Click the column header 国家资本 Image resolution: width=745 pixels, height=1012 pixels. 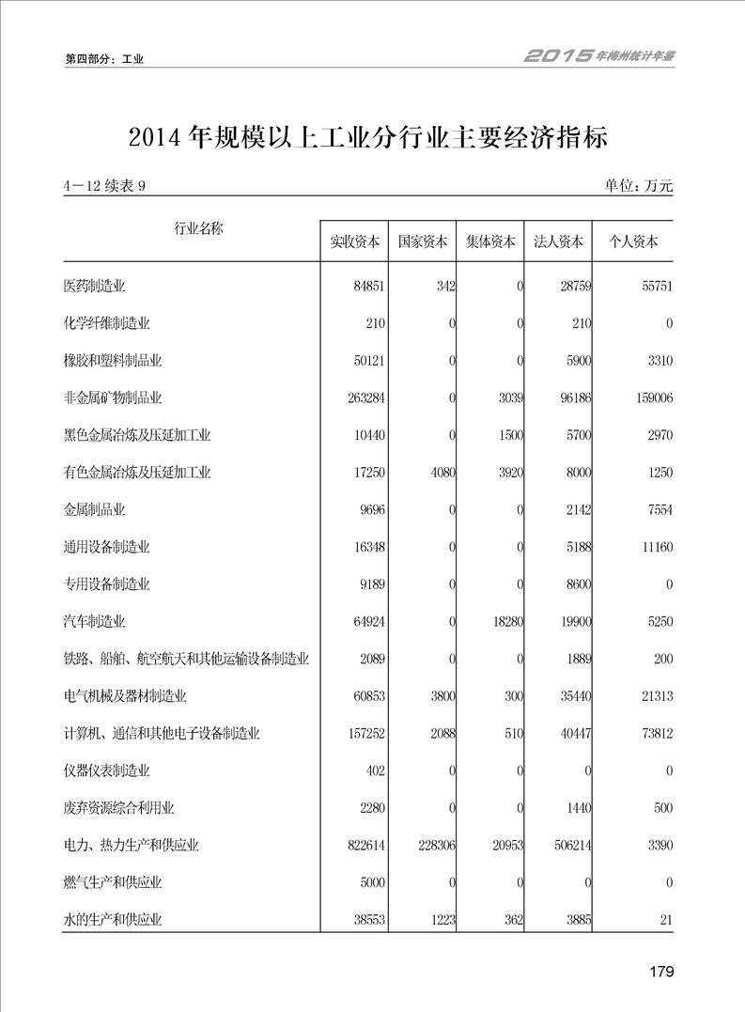423,241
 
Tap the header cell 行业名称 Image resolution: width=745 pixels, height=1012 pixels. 198,228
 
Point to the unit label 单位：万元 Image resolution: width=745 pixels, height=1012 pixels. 640,186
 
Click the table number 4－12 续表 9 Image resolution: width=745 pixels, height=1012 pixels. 104,186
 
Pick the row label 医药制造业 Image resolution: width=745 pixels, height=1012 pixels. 94,286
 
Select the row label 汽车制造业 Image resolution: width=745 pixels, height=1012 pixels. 94,622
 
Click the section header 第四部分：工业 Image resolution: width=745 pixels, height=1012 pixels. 104,59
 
